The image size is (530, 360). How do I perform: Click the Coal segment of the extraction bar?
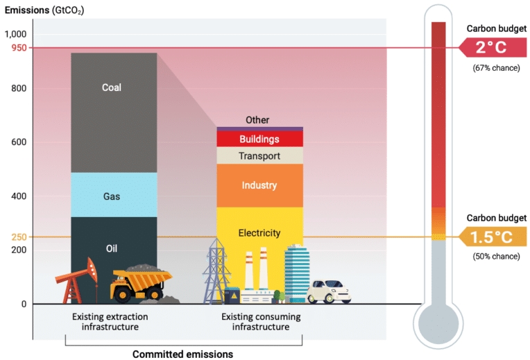(x=114, y=112)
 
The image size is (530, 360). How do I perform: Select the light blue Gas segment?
(x=114, y=195)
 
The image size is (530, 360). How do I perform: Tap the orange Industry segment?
(x=259, y=186)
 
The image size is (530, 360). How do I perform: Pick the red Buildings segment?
(x=259, y=139)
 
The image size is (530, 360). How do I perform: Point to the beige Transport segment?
(x=259, y=155)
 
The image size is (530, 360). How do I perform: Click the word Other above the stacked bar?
(x=257, y=120)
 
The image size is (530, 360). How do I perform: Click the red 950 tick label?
(x=19, y=48)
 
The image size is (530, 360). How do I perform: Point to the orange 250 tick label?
(x=19, y=237)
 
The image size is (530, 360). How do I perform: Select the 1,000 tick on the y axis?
(x=15, y=34)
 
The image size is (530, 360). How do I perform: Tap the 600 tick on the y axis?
(x=19, y=142)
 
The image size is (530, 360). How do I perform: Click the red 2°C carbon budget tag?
(x=493, y=47)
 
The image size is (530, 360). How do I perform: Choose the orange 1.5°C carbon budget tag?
(x=493, y=237)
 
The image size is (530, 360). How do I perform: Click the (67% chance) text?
(x=496, y=68)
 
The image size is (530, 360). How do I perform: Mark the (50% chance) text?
(x=496, y=256)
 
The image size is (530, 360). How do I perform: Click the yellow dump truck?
(x=140, y=284)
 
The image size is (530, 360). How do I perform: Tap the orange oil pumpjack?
(x=77, y=280)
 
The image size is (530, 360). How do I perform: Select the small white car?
(x=329, y=291)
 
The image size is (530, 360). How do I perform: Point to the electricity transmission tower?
(x=216, y=271)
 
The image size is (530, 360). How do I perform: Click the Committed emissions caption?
(x=183, y=354)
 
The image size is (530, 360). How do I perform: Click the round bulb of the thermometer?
(x=438, y=323)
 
